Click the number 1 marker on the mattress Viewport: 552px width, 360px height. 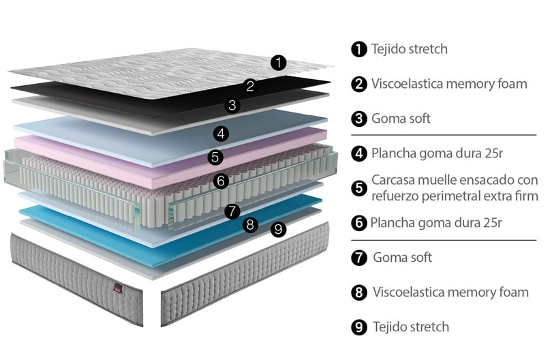coord(278,63)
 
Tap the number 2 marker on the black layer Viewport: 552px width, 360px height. coord(250,85)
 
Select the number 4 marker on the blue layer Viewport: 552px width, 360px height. coord(220,133)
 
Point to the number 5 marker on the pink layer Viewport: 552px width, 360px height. coord(215,157)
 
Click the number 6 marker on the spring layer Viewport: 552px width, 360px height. coord(219,181)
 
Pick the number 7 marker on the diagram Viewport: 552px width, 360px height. coord(232,211)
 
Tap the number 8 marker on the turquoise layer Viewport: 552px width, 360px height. coord(250,224)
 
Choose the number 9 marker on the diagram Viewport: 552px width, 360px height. coord(277,230)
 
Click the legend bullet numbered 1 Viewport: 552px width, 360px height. coord(359,49)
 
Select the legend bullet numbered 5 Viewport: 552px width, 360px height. coord(359,187)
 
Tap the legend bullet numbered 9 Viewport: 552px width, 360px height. coord(359,327)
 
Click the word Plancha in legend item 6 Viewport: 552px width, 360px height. coord(391,222)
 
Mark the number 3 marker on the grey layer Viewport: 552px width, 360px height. coord(232,105)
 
